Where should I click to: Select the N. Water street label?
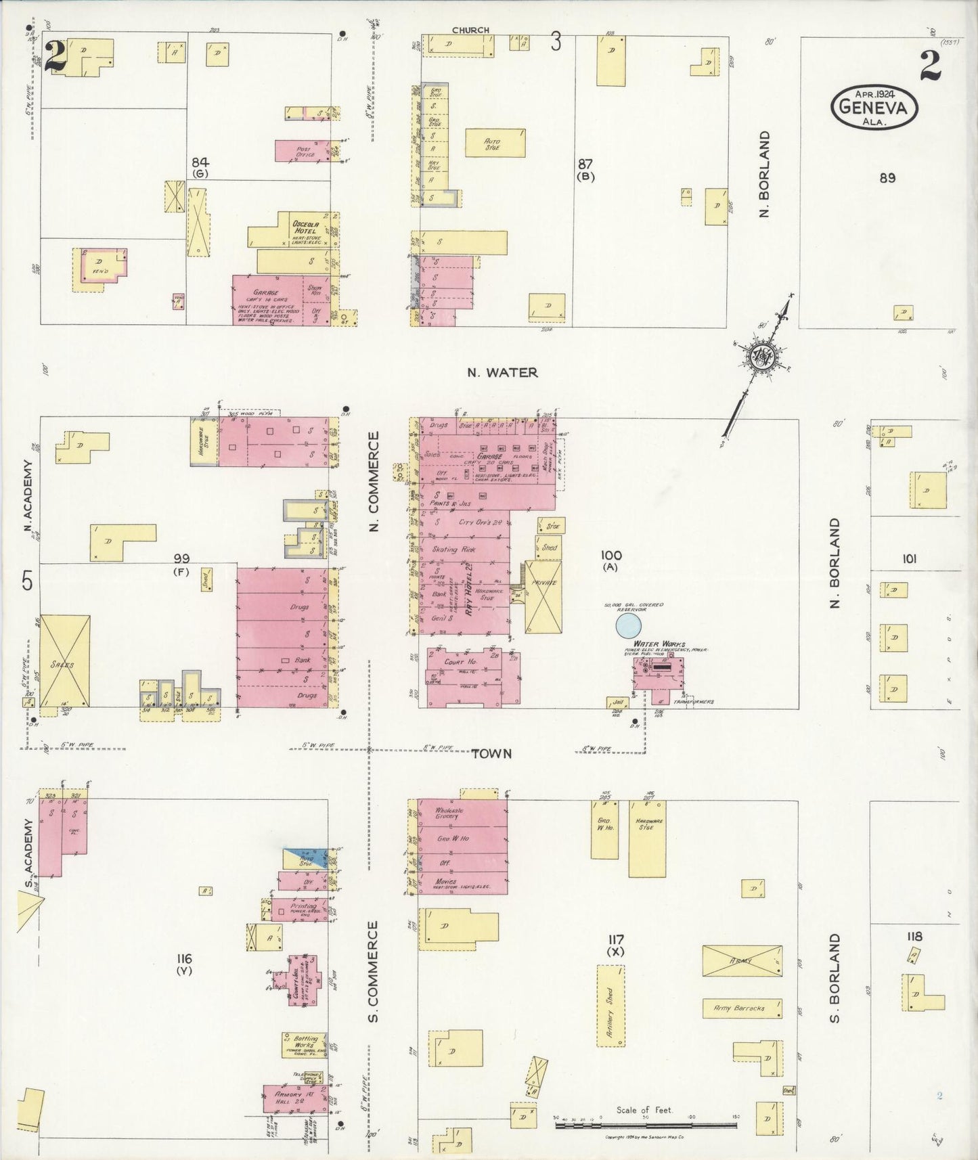[502, 372]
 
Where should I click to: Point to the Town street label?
[492, 753]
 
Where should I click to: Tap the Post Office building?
[301, 151]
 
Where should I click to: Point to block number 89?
[887, 178]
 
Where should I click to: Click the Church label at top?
[470, 30]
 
